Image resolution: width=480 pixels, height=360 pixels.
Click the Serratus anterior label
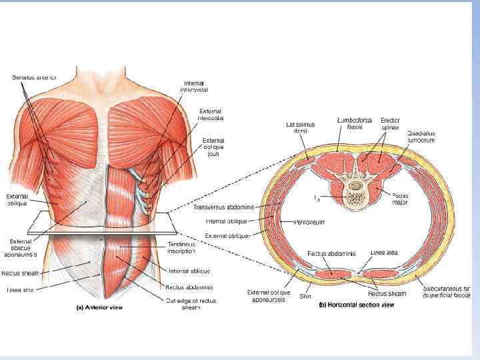point(34,77)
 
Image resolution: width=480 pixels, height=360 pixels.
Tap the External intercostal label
point(211,114)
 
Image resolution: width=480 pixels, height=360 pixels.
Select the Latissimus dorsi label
point(299,127)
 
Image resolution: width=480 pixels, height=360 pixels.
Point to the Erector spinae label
point(390,123)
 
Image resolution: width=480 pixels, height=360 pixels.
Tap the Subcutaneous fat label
point(447,292)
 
